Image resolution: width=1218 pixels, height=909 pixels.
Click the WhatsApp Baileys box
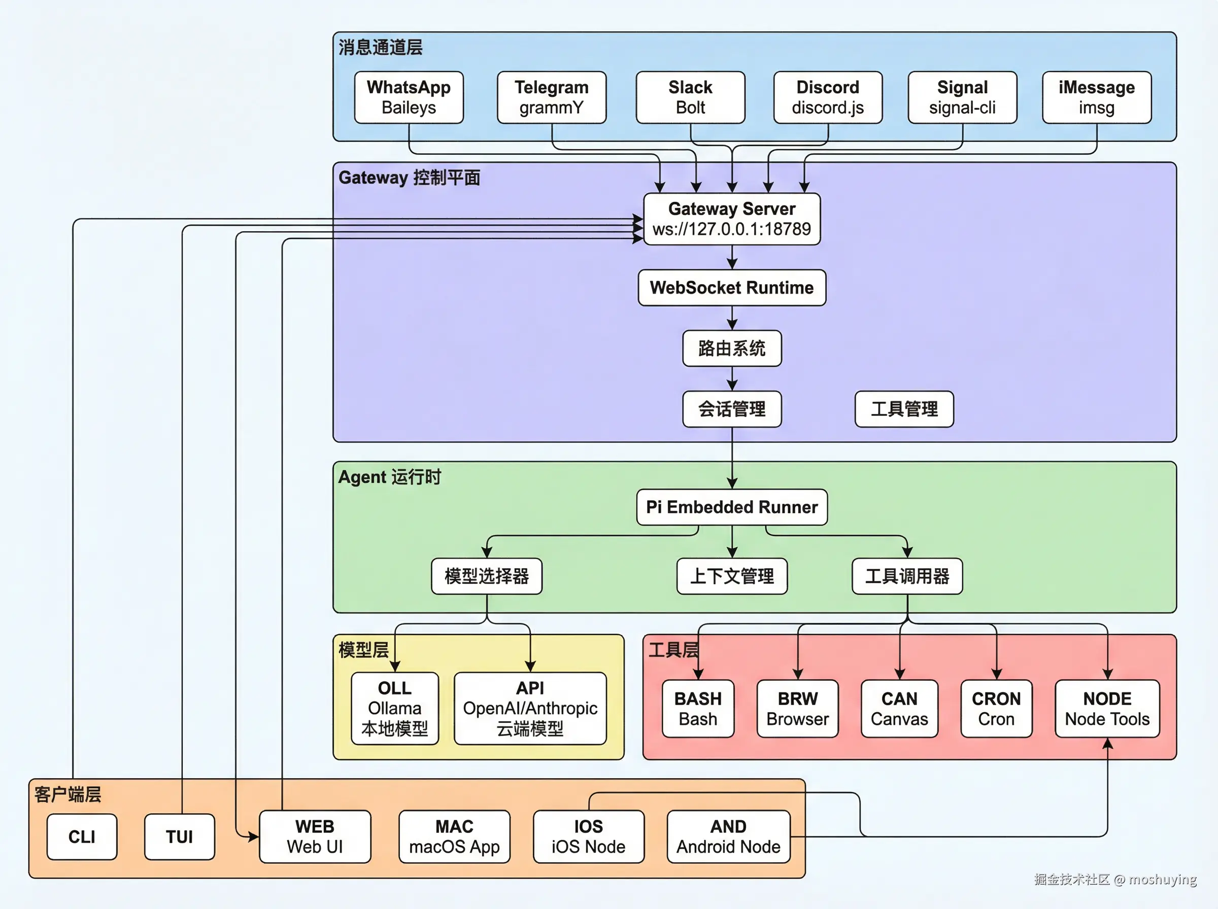409,97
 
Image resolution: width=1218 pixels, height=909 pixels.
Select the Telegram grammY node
552,97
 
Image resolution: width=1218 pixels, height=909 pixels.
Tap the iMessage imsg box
1096,97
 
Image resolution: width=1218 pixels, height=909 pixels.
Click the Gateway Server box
732,219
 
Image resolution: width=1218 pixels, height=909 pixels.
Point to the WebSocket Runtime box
732,288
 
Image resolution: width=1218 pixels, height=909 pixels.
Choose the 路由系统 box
732,348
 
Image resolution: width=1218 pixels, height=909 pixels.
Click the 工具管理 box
904,409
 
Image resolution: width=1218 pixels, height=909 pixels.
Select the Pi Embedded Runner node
732,507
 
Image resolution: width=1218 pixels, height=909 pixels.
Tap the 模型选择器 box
487,576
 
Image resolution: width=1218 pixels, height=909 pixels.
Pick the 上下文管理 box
732,576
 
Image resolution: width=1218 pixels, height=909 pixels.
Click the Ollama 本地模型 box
395,709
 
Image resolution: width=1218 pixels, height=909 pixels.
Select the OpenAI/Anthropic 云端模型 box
530,709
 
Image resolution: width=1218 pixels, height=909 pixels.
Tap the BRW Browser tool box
797,709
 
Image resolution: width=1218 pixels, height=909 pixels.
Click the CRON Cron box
996,709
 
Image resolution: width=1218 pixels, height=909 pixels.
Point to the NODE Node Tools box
1107,709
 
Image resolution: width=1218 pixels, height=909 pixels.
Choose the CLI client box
82,837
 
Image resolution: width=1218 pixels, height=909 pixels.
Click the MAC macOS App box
455,836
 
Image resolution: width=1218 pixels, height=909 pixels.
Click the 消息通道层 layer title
380,47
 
